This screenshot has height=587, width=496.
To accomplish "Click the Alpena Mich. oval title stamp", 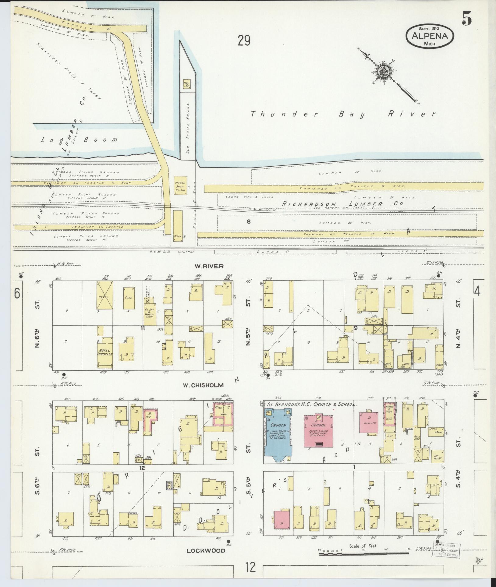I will (430, 36).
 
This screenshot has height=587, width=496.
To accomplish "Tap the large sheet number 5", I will (466, 19).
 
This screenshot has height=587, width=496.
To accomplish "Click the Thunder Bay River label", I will (343, 114).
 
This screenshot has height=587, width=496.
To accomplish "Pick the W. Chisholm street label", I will (203, 385).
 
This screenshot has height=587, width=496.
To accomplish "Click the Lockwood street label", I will (206, 550).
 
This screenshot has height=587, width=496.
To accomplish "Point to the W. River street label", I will (209, 266).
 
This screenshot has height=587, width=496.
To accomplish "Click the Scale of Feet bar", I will (364, 554).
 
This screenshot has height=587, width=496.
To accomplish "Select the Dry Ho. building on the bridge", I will (186, 84).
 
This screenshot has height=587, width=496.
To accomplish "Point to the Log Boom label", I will (80, 140).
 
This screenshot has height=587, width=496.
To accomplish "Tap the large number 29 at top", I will (244, 41).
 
